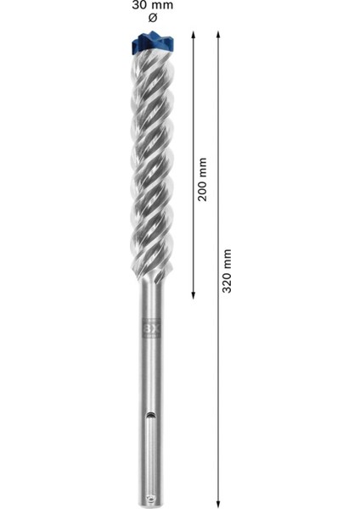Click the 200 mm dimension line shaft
tap(194, 102)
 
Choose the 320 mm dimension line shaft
tap(218, 382)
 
